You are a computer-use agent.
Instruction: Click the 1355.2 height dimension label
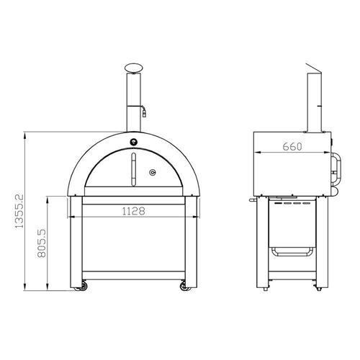[x=19, y=211]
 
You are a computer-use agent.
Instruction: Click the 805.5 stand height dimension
[x=42, y=243]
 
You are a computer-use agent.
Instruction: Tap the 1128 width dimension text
[x=134, y=211]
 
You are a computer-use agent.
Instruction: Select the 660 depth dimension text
[x=292, y=147]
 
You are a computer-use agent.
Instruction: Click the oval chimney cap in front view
[x=133, y=68]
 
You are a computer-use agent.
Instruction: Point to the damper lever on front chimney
[x=144, y=111]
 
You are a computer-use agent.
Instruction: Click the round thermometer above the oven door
[x=134, y=142]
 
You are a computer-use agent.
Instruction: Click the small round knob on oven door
[x=153, y=172]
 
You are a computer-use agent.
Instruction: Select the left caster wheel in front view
[x=82, y=286]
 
